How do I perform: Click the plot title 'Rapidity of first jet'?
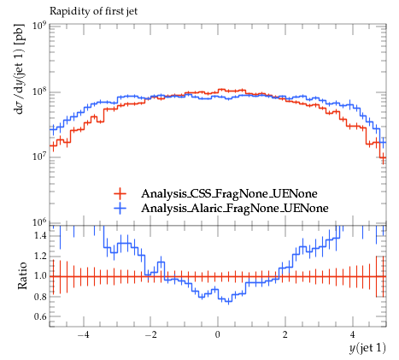coord(93,11)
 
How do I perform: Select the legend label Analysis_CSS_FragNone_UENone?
coord(229,193)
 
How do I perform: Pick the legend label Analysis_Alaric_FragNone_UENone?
coord(235,208)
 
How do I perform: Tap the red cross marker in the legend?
coord(120,194)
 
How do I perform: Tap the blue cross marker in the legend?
coord(120,209)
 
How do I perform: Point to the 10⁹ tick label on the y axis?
coord(39,26)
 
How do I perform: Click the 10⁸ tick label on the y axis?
coord(39,91)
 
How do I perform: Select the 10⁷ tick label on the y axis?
coord(39,156)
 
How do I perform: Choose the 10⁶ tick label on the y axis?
coord(39,222)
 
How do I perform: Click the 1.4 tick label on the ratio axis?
coord(40,236)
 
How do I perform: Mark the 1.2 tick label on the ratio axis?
coord(40,256)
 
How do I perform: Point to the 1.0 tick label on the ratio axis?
coord(40,276)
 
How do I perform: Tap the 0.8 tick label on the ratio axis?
coord(40,297)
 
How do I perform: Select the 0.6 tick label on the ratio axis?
coord(40,316)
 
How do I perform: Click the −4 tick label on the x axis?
coord(83,334)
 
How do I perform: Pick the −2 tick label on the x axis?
coord(150,334)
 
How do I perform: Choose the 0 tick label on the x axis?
coord(218,334)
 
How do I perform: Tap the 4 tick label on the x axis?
coord(353,334)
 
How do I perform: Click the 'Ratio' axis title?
coord(22,276)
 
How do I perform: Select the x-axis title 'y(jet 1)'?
coord(367,348)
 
